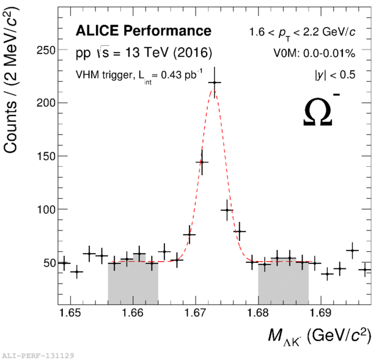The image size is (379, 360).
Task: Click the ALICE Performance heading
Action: (x=143, y=31)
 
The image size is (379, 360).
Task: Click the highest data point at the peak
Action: (x=214, y=83)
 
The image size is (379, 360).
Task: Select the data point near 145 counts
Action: (x=202, y=162)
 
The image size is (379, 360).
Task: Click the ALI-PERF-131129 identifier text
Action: (x=38, y=354)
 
